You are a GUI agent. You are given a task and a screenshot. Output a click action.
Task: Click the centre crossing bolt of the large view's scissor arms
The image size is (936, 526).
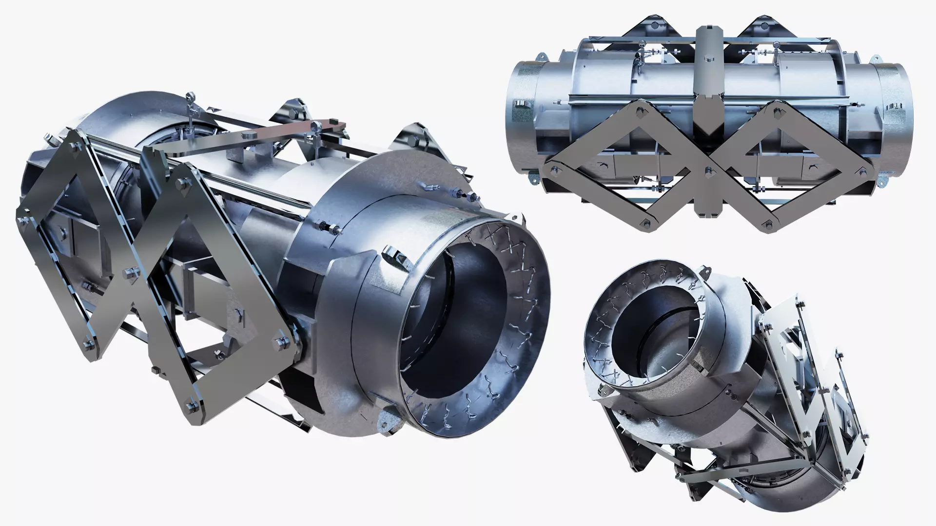131,271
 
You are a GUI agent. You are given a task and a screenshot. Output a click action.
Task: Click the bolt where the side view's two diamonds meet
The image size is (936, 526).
707,169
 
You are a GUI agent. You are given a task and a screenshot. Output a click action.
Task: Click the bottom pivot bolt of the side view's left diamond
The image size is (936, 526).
645,224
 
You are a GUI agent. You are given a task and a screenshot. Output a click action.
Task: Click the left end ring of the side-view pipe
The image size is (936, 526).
521,122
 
